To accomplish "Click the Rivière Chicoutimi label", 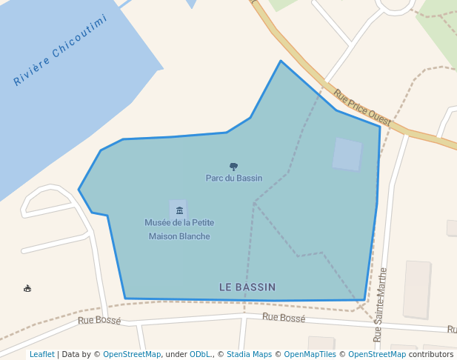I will [61, 50].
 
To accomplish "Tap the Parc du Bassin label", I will [234, 178].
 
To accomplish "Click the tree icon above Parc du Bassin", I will [234, 167].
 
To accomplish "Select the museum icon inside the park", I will [179, 210].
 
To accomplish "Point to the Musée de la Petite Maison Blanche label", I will [179, 229].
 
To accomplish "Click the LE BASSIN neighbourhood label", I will [247, 287].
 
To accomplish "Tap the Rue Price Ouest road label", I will [362, 107].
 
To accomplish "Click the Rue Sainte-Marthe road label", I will [381, 304].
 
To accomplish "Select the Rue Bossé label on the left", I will [99, 321].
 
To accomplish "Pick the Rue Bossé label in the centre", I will [284, 317].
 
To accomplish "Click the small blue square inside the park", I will [347, 154].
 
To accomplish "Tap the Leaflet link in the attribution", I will [41, 354].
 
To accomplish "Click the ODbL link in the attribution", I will [200, 354].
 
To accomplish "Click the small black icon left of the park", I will [27, 288].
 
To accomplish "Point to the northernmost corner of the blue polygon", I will [281, 61].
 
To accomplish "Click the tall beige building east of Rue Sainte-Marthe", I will [417, 289].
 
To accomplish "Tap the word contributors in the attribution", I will [430, 354].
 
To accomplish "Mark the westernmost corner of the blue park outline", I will [79, 190].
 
